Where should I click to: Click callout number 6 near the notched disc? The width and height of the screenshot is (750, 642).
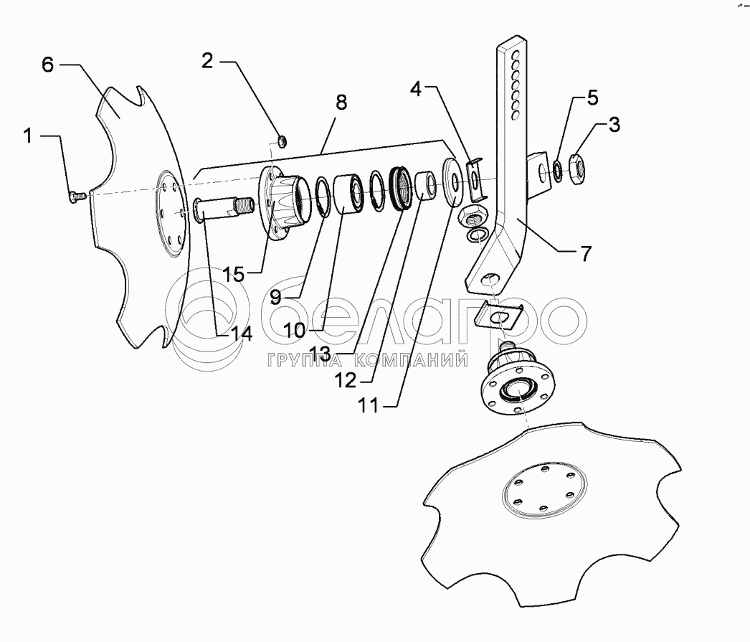click(47, 65)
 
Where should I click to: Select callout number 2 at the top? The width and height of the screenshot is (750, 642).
click(207, 61)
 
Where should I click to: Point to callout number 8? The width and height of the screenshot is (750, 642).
click(340, 102)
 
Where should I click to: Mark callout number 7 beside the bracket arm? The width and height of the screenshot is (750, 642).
click(586, 254)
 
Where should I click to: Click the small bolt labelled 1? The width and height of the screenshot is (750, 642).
click(77, 194)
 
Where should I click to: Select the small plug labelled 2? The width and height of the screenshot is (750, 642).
click(281, 139)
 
